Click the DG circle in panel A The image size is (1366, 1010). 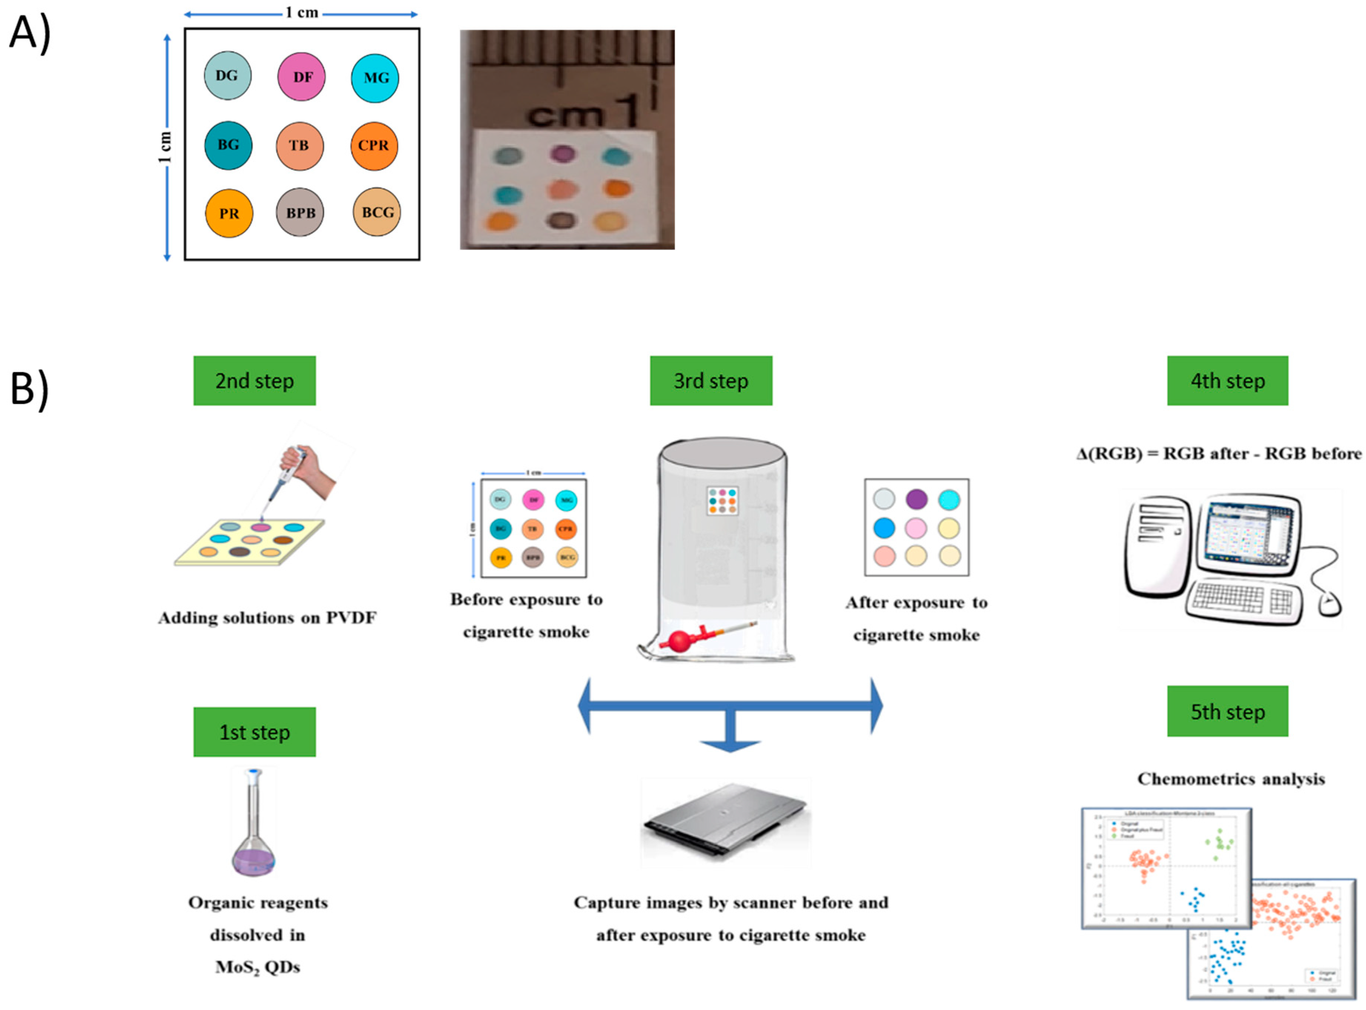pos(228,76)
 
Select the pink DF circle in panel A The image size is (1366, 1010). pos(301,76)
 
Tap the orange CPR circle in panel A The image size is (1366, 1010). pos(374,146)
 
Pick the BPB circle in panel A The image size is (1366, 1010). pos(300,212)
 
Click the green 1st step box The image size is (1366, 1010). pos(254,732)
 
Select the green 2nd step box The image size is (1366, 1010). pos(254,380)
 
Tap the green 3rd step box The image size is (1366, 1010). pos(711,380)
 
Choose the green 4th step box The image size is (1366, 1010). pos(1227,380)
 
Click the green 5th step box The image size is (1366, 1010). pos(1227,711)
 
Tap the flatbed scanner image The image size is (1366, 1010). pos(726,822)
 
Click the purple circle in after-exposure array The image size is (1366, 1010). pos(916,499)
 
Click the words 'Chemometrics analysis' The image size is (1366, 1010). pos(1230,779)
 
